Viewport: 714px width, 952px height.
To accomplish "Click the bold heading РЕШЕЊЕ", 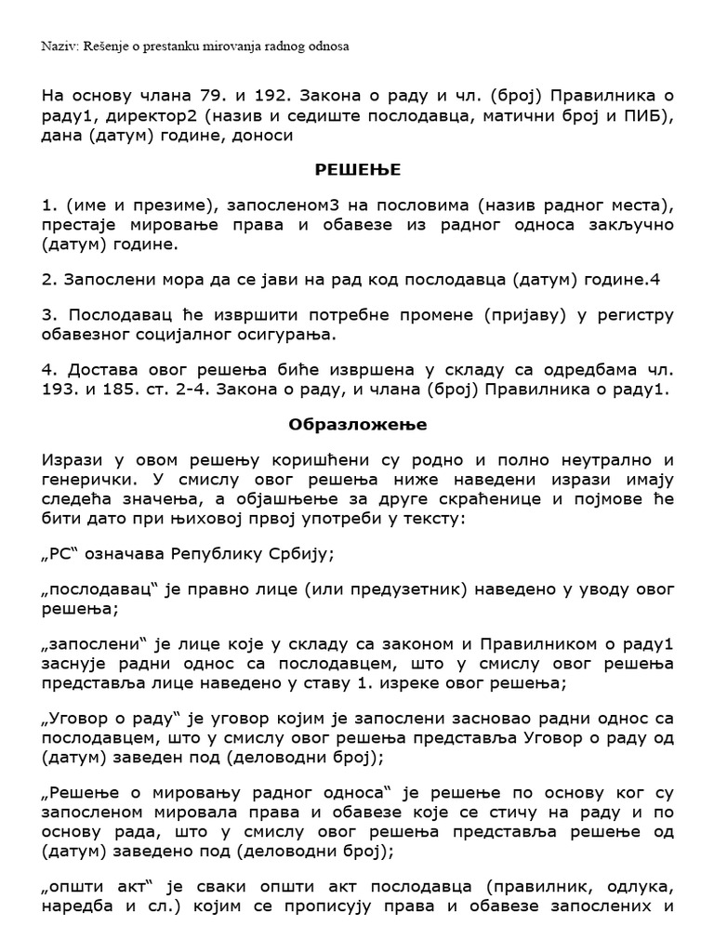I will click(x=358, y=170).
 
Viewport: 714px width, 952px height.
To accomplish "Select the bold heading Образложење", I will click(x=358, y=425).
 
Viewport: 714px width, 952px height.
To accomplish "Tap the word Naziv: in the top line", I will click(x=60, y=46).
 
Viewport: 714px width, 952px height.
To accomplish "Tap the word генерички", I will click(x=89, y=480).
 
